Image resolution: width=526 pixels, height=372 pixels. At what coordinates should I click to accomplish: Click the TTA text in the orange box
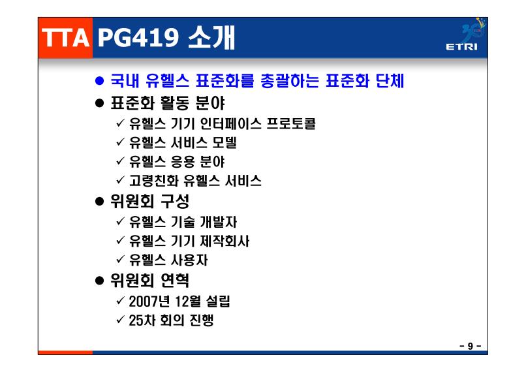[x=65, y=37]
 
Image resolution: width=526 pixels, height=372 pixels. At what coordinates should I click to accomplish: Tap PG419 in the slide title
[x=138, y=37]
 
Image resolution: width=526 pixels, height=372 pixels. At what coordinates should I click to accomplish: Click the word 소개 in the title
[x=211, y=37]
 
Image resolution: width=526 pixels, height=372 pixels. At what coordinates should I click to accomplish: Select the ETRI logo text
[x=461, y=46]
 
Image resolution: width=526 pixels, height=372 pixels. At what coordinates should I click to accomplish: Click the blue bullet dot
[x=99, y=81]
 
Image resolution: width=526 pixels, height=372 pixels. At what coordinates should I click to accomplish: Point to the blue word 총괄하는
[x=289, y=80]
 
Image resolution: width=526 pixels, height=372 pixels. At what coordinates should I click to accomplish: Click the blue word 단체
[x=390, y=80]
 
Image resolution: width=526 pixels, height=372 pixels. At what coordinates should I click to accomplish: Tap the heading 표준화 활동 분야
[x=168, y=102]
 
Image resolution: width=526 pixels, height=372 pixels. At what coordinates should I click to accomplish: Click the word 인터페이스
[x=230, y=123]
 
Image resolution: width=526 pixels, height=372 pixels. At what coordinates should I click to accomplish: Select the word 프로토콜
[x=291, y=123]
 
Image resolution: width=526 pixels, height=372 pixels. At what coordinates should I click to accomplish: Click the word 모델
[x=224, y=142]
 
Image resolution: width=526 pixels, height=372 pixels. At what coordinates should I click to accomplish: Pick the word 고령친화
[x=154, y=181]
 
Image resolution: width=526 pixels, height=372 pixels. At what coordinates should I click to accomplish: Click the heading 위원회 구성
[x=150, y=201]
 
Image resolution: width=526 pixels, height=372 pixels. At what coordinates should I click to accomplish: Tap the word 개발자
[x=219, y=222]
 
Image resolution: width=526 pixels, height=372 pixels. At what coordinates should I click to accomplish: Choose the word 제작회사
[x=224, y=241]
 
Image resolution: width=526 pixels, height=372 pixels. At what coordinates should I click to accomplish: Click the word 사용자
[x=189, y=260]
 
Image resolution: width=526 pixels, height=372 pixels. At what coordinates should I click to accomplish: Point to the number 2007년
[x=149, y=302]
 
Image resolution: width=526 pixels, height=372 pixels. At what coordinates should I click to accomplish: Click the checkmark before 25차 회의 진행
[x=121, y=319]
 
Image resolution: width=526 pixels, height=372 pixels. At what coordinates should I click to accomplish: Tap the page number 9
[x=471, y=346]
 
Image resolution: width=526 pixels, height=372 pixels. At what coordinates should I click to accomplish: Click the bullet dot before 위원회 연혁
[x=99, y=281]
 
